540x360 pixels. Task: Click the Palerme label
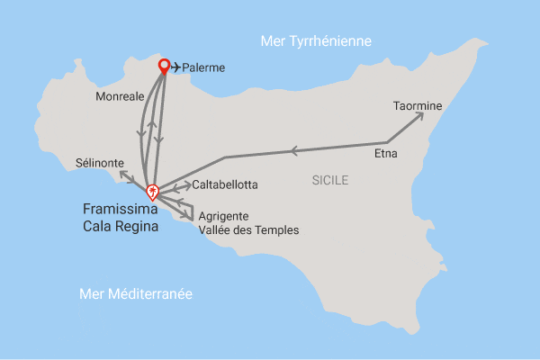click(x=204, y=67)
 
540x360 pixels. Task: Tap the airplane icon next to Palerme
click(x=176, y=67)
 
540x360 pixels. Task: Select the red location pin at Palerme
click(x=164, y=66)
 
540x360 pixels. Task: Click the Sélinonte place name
click(x=101, y=162)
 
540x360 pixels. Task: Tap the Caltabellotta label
click(x=225, y=185)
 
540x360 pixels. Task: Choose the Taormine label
click(x=418, y=106)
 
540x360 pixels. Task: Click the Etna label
click(x=385, y=154)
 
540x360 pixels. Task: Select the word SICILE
click(x=329, y=181)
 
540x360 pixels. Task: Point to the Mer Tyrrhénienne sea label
click(x=315, y=41)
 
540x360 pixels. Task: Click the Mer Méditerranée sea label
click(x=136, y=294)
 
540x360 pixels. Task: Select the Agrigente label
click(x=223, y=216)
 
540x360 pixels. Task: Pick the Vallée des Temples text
click(x=248, y=230)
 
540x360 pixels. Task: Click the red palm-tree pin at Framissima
click(x=153, y=192)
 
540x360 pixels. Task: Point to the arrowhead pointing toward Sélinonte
click(x=121, y=172)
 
